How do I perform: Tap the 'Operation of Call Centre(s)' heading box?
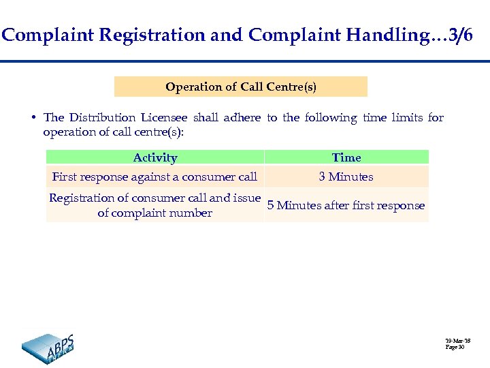click(241, 87)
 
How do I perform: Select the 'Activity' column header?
click(155, 157)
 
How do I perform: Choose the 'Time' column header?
click(346, 157)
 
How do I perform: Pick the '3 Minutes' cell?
click(346, 177)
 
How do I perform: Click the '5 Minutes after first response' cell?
click(346, 205)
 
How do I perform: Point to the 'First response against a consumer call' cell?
click(154, 177)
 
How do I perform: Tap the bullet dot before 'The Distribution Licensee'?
click(33, 117)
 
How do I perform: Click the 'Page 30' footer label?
click(455, 347)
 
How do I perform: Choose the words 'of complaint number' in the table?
click(154, 213)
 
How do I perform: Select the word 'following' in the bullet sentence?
click(331, 117)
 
